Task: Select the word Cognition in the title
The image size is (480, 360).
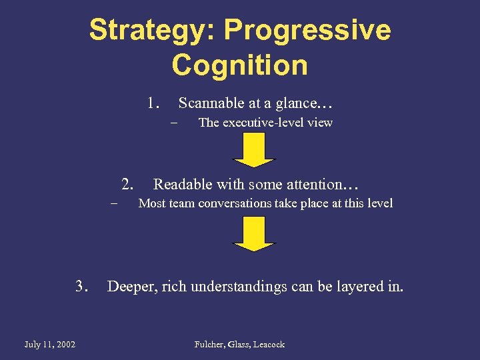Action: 240,65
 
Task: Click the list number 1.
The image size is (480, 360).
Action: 154,103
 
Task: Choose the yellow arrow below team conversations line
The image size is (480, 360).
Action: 253,235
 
